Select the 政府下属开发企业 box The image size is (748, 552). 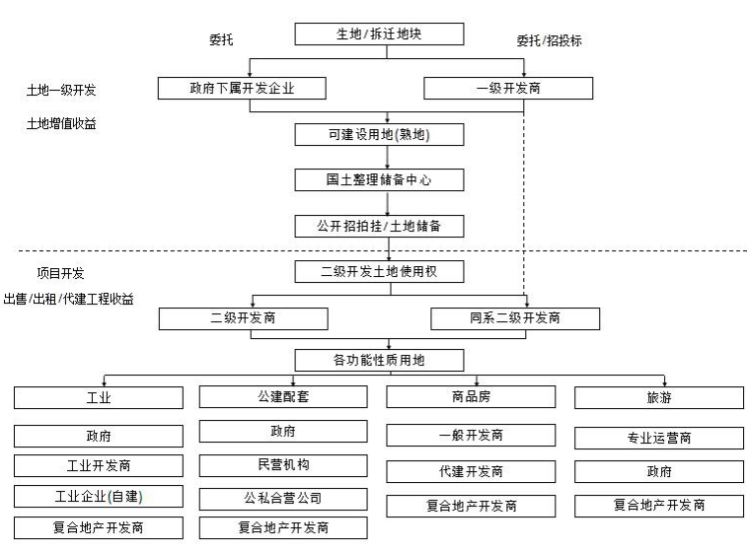pyautogui.click(x=242, y=88)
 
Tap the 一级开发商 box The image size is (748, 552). pyautogui.click(x=508, y=88)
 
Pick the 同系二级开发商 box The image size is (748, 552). pyautogui.click(x=515, y=318)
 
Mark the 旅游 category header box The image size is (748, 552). pyautogui.click(x=659, y=397)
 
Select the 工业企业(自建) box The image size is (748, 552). pyautogui.click(x=99, y=496)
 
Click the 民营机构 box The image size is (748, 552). pyautogui.click(x=283, y=464)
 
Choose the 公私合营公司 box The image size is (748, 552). pyautogui.click(x=283, y=498)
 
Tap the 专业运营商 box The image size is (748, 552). pyautogui.click(x=659, y=438)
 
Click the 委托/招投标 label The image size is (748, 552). pyautogui.click(x=548, y=41)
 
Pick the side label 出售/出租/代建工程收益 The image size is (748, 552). pyautogui.click(x=68, y=298)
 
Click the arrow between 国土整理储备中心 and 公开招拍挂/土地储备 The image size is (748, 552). pyautogui.click(x=388, y=203)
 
